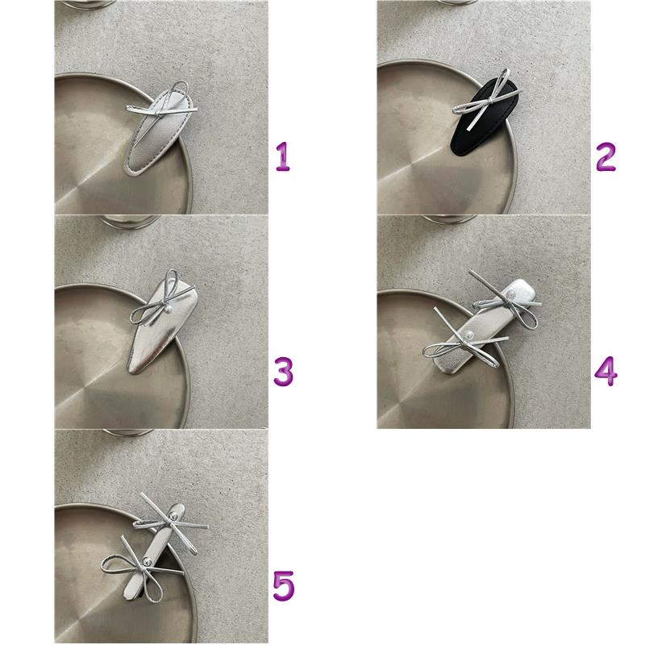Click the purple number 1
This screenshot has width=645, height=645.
pyautogui.click(x=283, y=156)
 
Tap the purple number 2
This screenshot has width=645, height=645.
pyautogui.click(x=606, y=156)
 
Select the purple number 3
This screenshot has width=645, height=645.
pyautogui.click(x=284, y=372)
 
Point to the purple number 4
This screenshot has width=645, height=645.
pyautogui.click(x=606, y=372)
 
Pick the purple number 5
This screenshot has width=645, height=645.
pyautogui.click(x=284, y=586)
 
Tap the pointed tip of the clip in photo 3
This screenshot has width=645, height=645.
pyautogui.click(x=131, y=371)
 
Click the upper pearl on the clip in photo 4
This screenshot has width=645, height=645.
pyautogui.click(x=509, y=295)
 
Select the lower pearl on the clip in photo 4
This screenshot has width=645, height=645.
pyautogui.click(x=468, y=335)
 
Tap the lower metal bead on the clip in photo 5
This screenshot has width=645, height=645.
pyautogui.click(x=146, y=561)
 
